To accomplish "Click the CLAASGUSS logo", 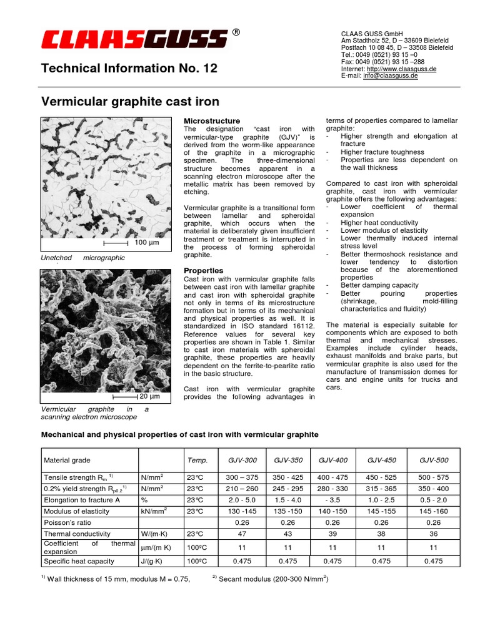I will pos(134,41).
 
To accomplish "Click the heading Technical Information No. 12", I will pos(129,69).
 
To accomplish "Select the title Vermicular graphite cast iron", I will pos(130,101).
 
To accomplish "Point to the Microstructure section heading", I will pos(211,120).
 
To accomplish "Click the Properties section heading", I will pos(203,270).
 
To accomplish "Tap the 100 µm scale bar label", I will pos(147,243).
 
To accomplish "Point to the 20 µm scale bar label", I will pos(149,396).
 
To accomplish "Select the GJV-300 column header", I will pos(242,460).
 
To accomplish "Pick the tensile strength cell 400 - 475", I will pos(332,476).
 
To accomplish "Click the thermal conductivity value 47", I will pos(242,534).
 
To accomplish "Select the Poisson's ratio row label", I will pos(67,522).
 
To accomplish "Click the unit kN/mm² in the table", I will pos(154,511).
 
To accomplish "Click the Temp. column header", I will pos(197,460).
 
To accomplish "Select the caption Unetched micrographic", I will pos(82,258).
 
